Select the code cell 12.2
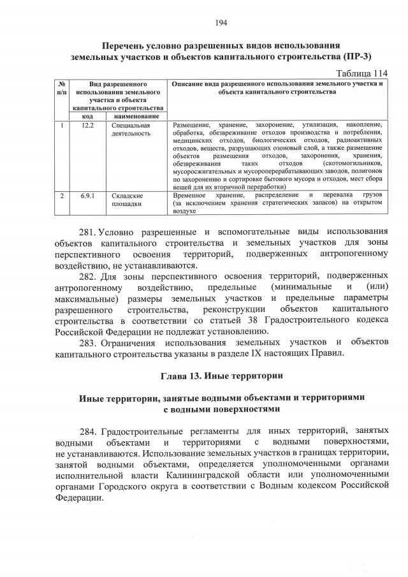[88, 125]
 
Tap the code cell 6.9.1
[88, 196]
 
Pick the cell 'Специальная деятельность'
[130, 129]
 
